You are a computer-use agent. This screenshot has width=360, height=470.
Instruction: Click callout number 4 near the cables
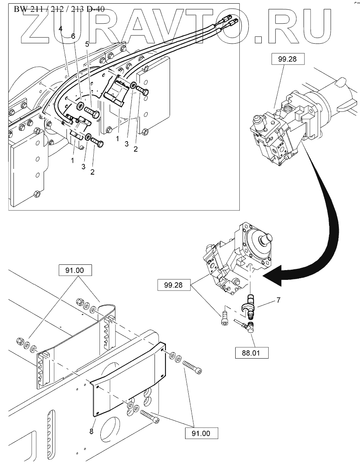60,29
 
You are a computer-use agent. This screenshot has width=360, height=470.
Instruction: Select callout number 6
73,36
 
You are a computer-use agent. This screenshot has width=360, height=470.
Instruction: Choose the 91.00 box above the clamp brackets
75,270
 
